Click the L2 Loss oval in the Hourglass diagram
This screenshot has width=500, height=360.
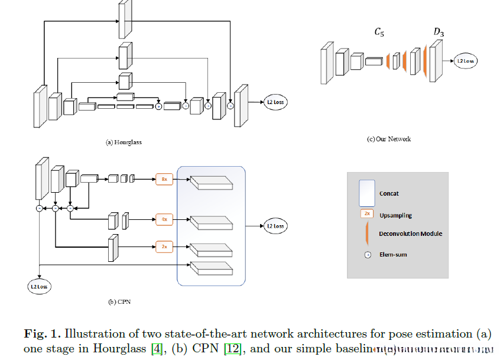[x=275, y=102]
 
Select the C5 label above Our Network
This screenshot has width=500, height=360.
[x=379, y=33]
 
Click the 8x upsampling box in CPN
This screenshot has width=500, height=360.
[x=164, y=179]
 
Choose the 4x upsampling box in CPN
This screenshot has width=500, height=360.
[x=164, y=219]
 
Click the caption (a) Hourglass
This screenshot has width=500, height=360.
[x=124, y=142]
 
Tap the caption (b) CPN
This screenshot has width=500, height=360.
[x=120, y=302]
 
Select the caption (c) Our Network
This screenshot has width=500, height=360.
[x=388, y=139]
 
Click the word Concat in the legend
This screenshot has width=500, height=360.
[x=389, y=193]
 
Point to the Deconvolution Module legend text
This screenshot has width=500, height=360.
[x=410, y=233]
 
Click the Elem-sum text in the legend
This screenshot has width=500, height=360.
[x=393, y=255]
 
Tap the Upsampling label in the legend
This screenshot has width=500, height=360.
[x=396, y=215]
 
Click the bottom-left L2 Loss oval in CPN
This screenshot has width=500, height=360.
[x=38, y=287]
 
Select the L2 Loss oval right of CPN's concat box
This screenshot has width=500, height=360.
[x=275, y=226]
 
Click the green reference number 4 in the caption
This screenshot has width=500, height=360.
[x=157, y=349]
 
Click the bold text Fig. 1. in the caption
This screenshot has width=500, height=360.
[x=43, y=334]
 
